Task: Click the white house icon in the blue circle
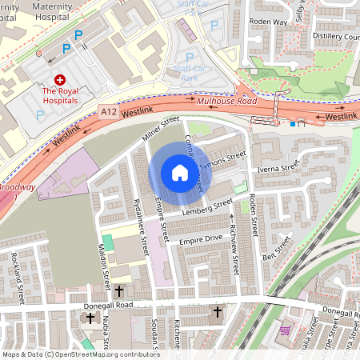click(x=180, y=173)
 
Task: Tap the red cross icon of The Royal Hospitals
click(x=59, y=81)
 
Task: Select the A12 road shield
click(x=109, y=114)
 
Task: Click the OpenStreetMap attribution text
click(x=80, y=354)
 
